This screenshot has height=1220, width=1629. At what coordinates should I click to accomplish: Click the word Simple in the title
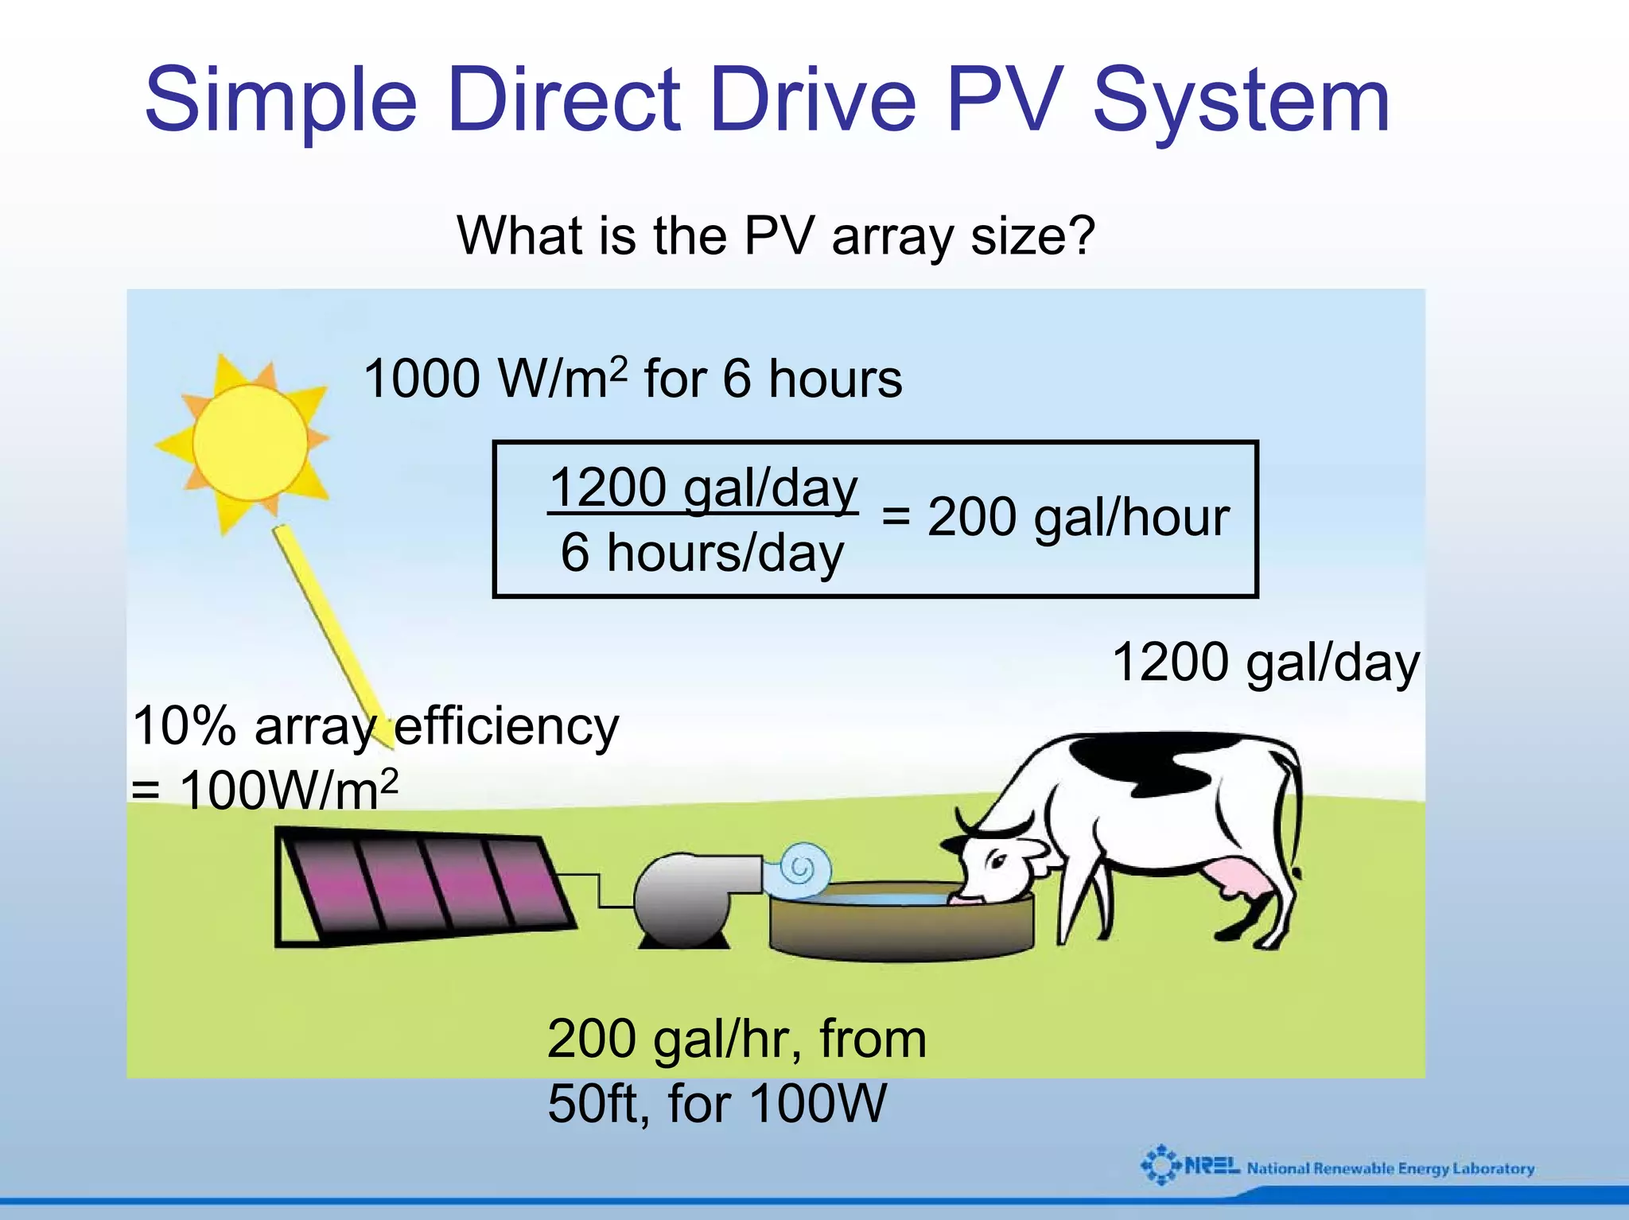pos(280,102)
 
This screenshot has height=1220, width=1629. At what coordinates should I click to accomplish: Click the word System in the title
pos(1241,102)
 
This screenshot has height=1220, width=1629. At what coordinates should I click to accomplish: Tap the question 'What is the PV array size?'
pos(776,236)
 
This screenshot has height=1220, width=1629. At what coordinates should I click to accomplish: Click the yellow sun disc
pos(250,442)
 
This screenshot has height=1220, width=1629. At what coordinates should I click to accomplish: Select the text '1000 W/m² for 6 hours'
pos(632,379)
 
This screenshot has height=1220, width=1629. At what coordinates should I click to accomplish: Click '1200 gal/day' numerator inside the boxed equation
pos(703,487)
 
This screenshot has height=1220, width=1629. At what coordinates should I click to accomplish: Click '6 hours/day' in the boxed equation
pos(702,553)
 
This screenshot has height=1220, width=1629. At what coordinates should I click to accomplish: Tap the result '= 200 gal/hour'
pos(1056,518)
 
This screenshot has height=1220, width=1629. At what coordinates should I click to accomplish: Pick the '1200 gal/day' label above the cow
pos(1265,662)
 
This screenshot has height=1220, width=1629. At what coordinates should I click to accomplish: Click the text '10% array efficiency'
pos(375,726)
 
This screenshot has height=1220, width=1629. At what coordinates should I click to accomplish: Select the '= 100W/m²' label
pos(264,791)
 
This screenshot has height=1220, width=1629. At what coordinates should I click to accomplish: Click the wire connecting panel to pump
pos(598,889)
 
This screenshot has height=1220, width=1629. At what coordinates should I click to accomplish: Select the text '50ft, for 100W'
pos(716,1104)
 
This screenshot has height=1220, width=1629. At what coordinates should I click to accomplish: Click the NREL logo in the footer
pos(1190,1167)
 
